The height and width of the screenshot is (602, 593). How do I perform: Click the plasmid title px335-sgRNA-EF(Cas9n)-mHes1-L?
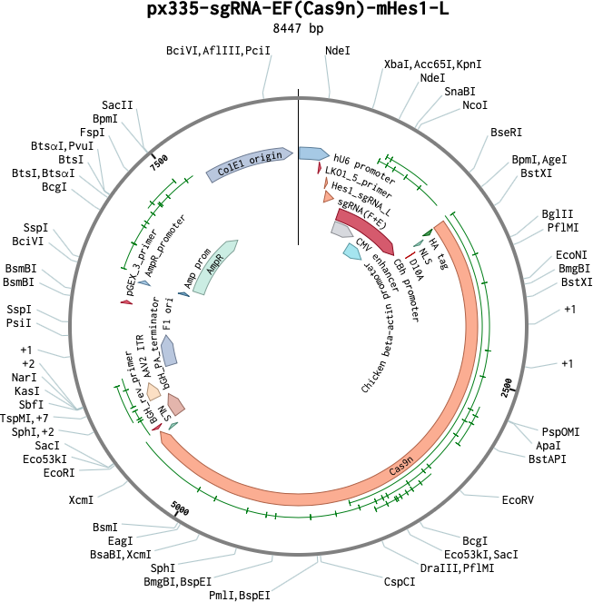297,11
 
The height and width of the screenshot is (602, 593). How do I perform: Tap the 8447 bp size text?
297,29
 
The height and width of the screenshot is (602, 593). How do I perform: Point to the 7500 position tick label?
160,163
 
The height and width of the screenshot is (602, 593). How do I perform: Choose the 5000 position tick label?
180,512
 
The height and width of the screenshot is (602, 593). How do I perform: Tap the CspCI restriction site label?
400,582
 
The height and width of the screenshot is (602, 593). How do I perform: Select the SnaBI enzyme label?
460,92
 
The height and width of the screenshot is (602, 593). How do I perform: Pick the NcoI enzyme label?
475,105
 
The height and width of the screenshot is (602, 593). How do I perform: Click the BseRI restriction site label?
506,133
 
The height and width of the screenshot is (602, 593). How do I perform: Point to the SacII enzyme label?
118,105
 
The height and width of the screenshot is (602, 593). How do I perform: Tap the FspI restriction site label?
92,133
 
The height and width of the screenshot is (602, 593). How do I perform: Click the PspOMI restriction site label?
560,431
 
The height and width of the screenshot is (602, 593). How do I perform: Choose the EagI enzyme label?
121,541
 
